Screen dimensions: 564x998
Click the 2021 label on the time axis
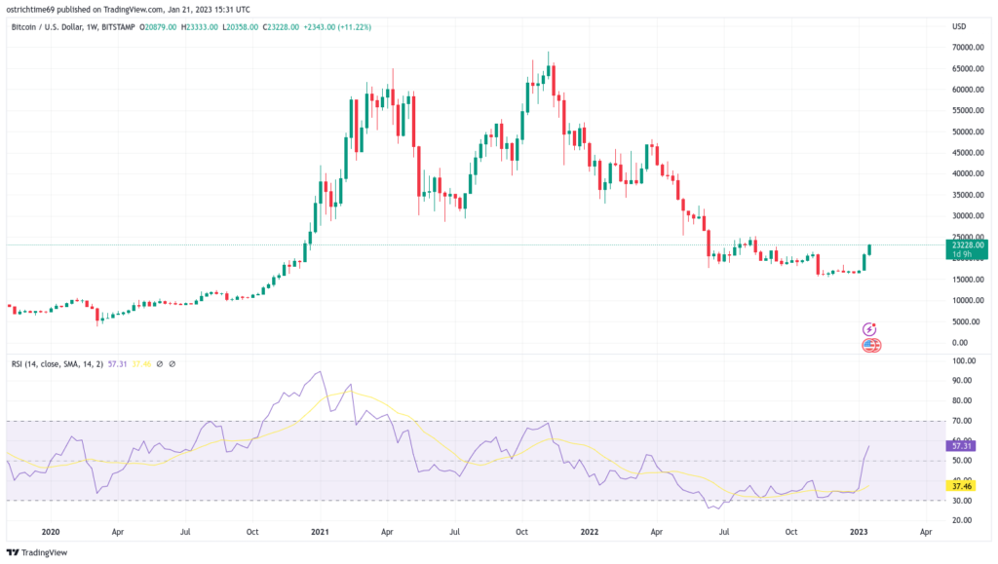click(x=320, y=533)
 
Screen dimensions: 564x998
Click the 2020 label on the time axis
click(x=51, y=533)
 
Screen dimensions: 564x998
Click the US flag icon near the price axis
click(x=870, y=345)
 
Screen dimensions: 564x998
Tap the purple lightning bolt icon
click(x=870, y=330)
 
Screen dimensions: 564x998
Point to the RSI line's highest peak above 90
click(x=319, y=371)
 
